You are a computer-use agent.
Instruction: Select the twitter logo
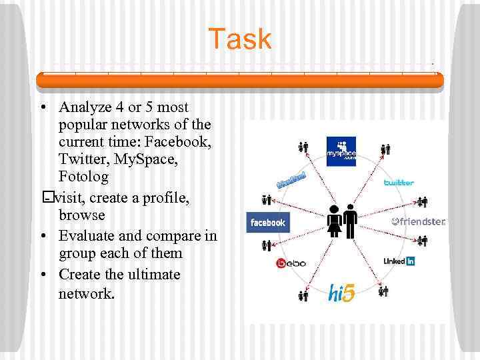[399, 182]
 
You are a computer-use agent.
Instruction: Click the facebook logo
[267, 223]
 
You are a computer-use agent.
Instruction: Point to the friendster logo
[418, 221]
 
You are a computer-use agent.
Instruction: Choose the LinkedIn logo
[399, 261]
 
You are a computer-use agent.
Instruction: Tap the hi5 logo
[341, 293]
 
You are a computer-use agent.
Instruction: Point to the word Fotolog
[83, 177]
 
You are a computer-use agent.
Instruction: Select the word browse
[82, 215]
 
